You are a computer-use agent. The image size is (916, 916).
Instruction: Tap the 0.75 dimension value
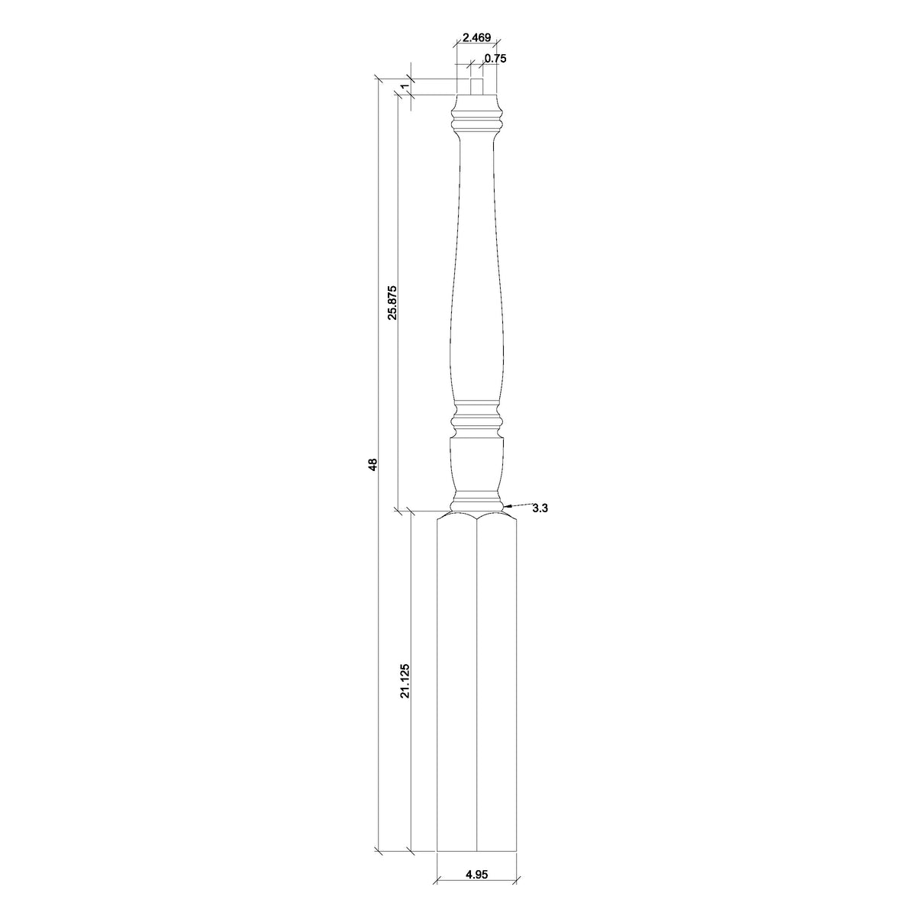point(495,58)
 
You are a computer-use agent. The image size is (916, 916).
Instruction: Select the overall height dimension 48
point(373,464)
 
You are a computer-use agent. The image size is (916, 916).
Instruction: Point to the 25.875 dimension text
point(392,303)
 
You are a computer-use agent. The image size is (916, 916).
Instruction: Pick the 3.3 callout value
point(540,509)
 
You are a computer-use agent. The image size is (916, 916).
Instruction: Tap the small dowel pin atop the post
point(476,85)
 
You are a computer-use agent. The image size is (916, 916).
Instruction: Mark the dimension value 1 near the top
point(403,86)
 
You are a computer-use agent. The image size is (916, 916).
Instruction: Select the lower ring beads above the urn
point(476,419)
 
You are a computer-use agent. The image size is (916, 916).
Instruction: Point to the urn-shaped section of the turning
point(476,466)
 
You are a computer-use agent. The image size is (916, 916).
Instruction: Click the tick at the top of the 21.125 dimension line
point(411,511)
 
